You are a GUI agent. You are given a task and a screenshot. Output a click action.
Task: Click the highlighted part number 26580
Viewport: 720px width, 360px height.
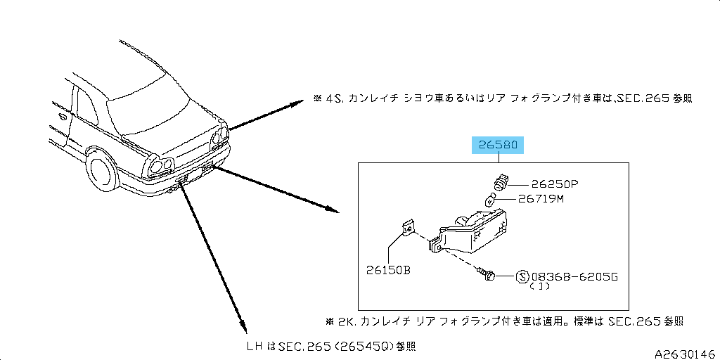[x=498, y=146]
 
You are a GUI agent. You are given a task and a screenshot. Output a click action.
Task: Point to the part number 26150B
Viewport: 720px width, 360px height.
[x=387, y=270]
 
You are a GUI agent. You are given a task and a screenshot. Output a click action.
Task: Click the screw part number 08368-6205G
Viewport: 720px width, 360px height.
[x=574, y=276]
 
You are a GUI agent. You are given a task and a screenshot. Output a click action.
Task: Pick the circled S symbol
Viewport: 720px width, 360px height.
[x=523, y=276]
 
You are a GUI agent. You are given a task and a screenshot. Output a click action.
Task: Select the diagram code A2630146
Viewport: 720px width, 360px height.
[x=685, y=353]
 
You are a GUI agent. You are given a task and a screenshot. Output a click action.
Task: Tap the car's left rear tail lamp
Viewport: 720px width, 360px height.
[x=160, y=167]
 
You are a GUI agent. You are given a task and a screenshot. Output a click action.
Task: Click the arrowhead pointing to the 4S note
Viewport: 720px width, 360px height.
[x=297, y=103]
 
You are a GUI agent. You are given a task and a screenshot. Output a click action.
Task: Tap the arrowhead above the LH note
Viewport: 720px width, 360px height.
[x=243, y=326]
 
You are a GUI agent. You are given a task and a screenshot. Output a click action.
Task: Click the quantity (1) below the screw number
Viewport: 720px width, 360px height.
[x=540, y=287]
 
